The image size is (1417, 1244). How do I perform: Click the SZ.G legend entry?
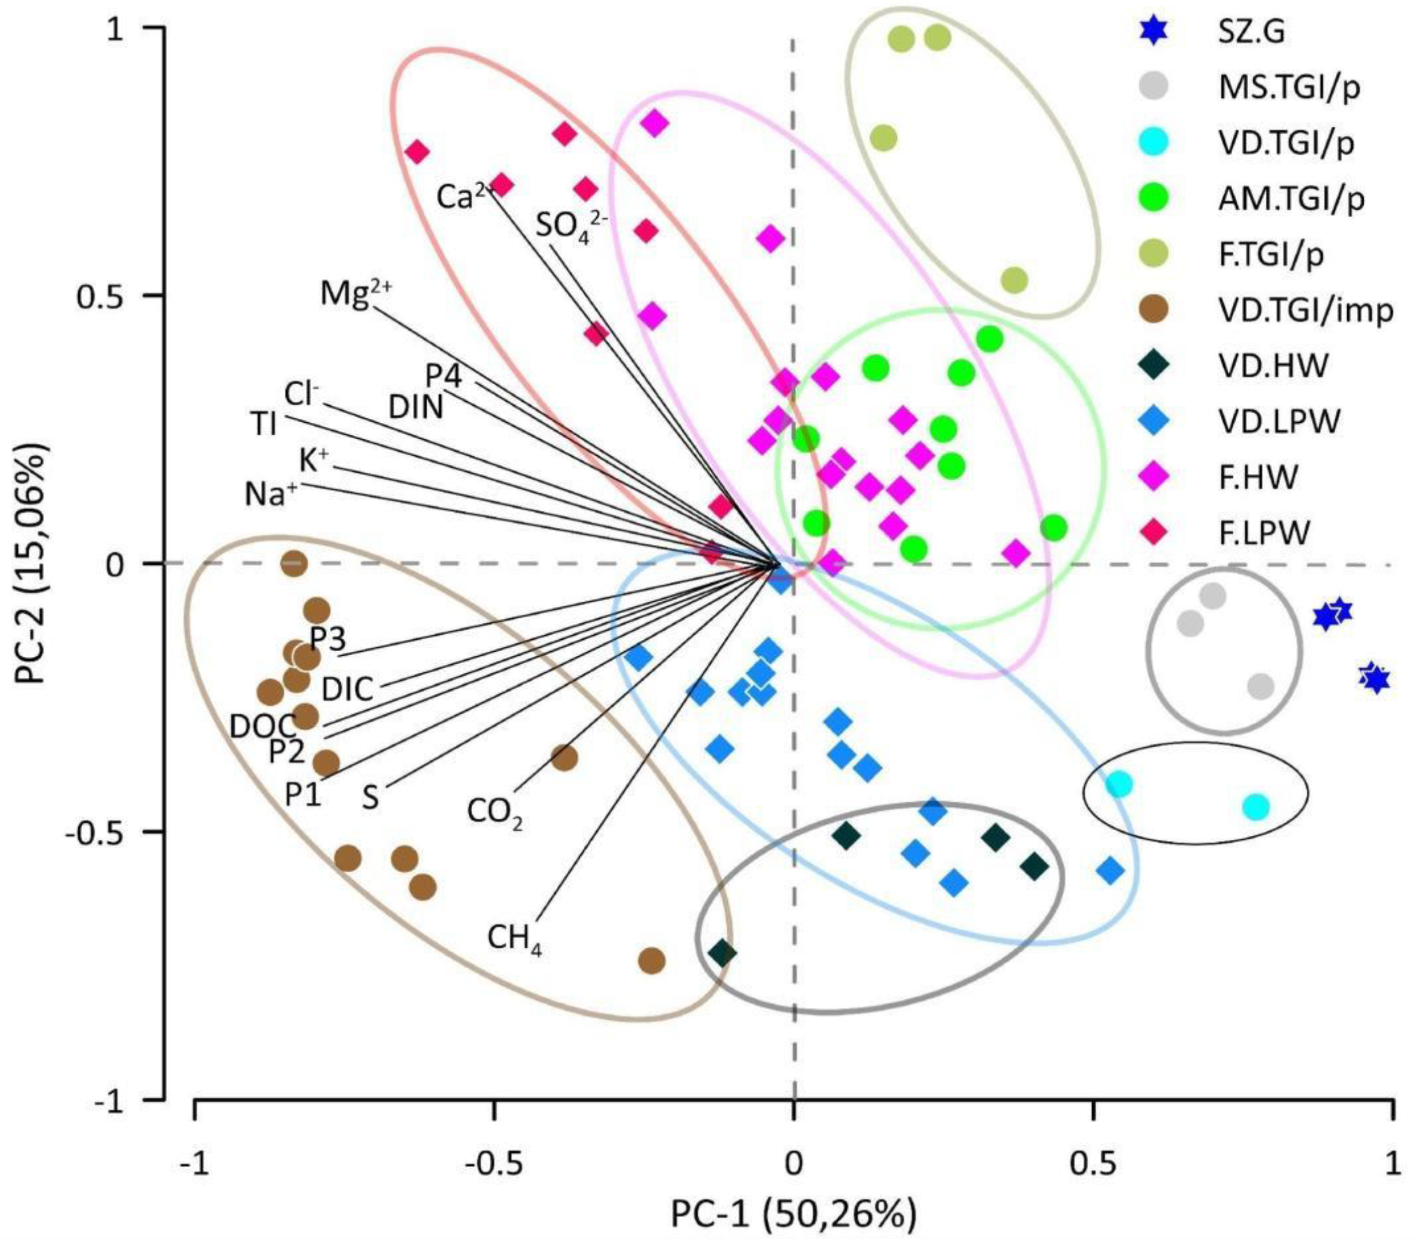click(x=1252, y=31)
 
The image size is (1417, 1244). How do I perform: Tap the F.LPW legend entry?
click(x=1265, y=533)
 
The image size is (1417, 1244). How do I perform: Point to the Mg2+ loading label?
click(x=355, y=294)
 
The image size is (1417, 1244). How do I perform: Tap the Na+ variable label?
click(x=271, y=494)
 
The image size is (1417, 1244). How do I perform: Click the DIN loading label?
click(x=415, y=407)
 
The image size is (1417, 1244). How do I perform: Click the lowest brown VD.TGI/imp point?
click(x=651, y=961)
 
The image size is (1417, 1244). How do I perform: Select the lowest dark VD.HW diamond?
click(x=722, y=952)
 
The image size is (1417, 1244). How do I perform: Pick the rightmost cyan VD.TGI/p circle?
click(x=1255, y=806)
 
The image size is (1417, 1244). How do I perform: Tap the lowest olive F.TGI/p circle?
click(x=1014, y=281)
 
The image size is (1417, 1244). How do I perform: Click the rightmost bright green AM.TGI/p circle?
click(x=1054, y=528)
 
